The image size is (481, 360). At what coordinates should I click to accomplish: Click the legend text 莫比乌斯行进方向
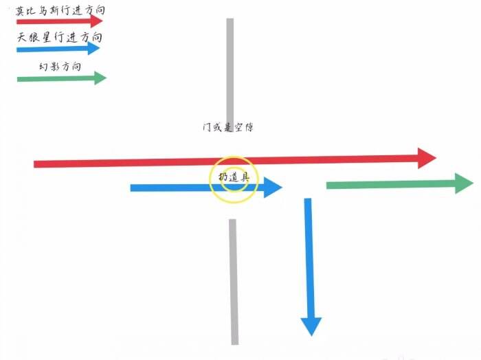point(60,10)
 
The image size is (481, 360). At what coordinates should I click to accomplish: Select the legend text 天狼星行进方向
point(60,37)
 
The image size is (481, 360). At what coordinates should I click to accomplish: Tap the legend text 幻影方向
point(60,66)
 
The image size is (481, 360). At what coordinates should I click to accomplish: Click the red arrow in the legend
point(60,21)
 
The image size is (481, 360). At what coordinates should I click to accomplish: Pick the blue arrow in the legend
point(58,49)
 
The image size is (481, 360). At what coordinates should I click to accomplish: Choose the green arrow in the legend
point(62,78)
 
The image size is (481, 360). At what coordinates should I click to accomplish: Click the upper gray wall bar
point(230,71)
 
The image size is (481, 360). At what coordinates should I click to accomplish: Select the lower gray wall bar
point(234,282)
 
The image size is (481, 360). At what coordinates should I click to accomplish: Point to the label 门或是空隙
point(228,127)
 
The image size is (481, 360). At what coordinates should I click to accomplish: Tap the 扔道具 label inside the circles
point(234,177)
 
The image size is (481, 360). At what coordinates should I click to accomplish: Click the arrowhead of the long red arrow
point(427,158)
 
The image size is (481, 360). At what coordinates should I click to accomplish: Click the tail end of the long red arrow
point(34,164)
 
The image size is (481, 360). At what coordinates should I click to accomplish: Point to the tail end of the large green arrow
point(327,185)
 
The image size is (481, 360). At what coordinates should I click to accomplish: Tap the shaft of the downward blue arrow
point(309,258)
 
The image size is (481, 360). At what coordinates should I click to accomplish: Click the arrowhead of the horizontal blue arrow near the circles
point(273,188)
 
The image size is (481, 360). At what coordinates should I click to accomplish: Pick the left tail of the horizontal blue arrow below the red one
point(131,188)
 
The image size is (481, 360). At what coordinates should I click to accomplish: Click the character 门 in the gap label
point(206,127)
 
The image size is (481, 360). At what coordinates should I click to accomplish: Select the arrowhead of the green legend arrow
point(100,78)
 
